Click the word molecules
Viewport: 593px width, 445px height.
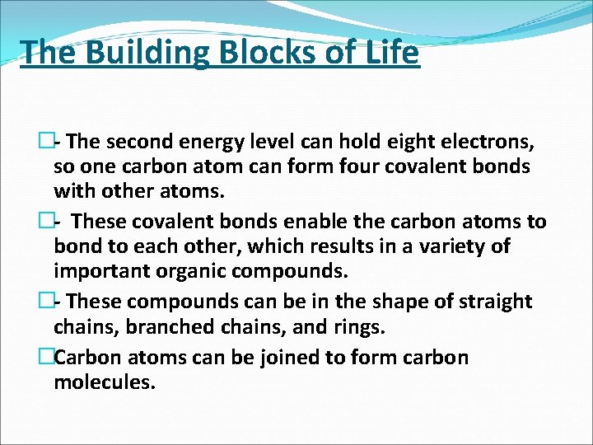point(104,382)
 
